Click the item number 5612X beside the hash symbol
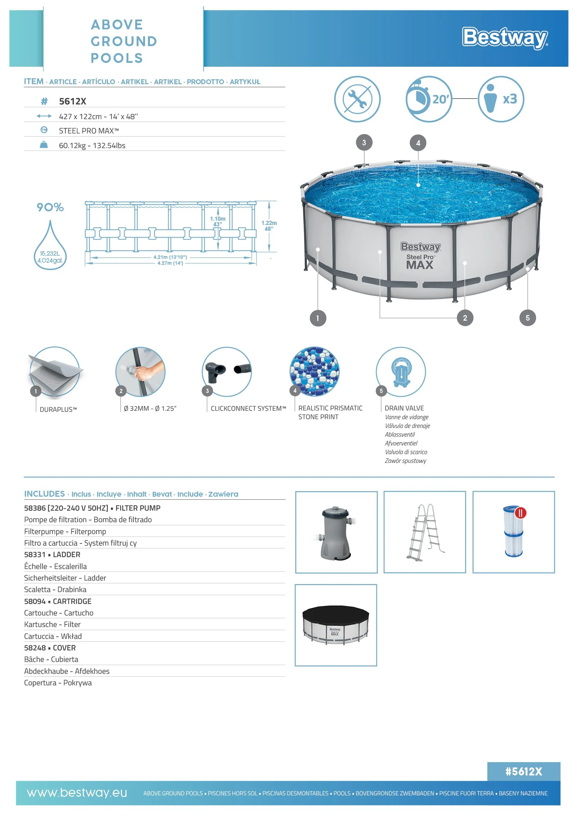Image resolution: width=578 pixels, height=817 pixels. (x=73, y=101)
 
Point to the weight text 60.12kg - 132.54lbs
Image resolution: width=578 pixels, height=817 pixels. (x=92, y=146)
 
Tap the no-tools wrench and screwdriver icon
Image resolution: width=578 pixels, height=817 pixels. (x=357, y=99)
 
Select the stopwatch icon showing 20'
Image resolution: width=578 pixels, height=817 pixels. (x=428, y=99)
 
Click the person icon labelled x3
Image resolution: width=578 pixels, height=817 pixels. (x=500, y=99)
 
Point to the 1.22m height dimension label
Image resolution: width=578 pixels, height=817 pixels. (x=269, y=226)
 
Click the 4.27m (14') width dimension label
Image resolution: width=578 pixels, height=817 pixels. (x=170, y=263)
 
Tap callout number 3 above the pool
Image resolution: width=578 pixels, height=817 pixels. (x=364, y=143)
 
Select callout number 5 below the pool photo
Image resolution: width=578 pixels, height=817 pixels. (x=527, y=318)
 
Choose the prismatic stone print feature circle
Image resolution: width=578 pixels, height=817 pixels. (x=314, y=371)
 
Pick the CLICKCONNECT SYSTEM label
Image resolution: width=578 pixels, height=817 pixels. (x=248, y=409)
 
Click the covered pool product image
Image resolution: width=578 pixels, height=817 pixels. (x=335, y=625)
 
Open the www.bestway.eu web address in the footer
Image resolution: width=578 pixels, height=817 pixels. (x=77, y=793)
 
